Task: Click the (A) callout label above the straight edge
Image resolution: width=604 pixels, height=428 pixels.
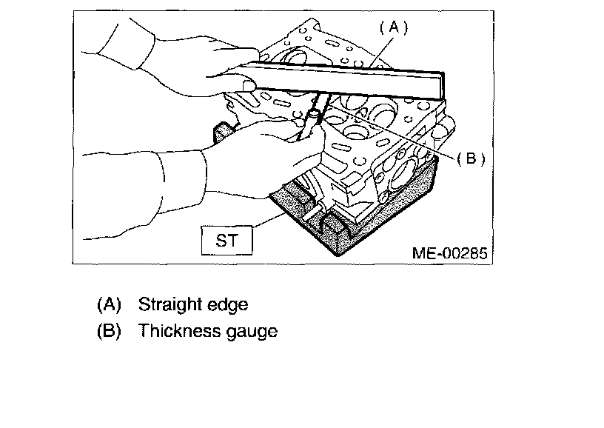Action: [x=394, y=27]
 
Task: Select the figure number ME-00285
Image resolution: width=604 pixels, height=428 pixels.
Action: [x=450, y=253]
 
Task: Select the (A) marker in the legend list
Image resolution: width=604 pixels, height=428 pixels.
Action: [x=108, y=304]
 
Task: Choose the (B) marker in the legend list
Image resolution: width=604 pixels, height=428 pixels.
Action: [x=108, y=331]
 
